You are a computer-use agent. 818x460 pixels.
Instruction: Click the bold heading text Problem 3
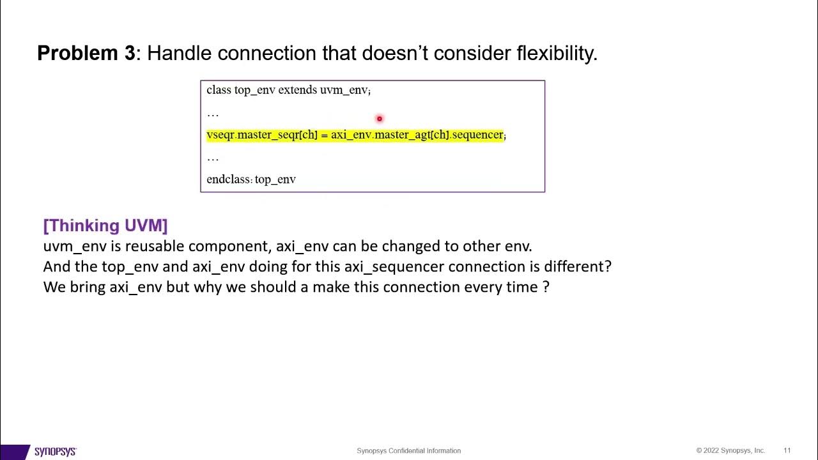tap(86, 53)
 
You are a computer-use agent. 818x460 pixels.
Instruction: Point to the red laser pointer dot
tap(379, 119)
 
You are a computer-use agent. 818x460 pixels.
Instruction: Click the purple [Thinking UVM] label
tap(105, 226)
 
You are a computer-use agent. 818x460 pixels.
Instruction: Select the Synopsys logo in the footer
tap(55, 451)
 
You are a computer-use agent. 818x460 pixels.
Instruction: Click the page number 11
tap(787, 450)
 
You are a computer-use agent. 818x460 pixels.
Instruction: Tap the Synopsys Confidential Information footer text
tap(408, 450)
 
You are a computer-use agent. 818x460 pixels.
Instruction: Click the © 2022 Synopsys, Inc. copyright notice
tap(730, 450)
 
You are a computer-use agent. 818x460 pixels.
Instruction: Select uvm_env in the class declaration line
tap(344, 90)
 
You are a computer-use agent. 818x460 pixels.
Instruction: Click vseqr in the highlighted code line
tap(220, 135)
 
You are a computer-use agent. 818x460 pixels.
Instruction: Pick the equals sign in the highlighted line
tap(324, 135)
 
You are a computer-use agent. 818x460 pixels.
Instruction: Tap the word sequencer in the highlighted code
tap(477, 135)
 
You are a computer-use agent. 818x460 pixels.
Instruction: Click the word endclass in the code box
tap(228, 180)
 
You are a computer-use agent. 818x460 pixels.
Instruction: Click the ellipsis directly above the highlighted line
tap(213, 114)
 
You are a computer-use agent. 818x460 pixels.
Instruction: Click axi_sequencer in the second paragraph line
tap(394, 266)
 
